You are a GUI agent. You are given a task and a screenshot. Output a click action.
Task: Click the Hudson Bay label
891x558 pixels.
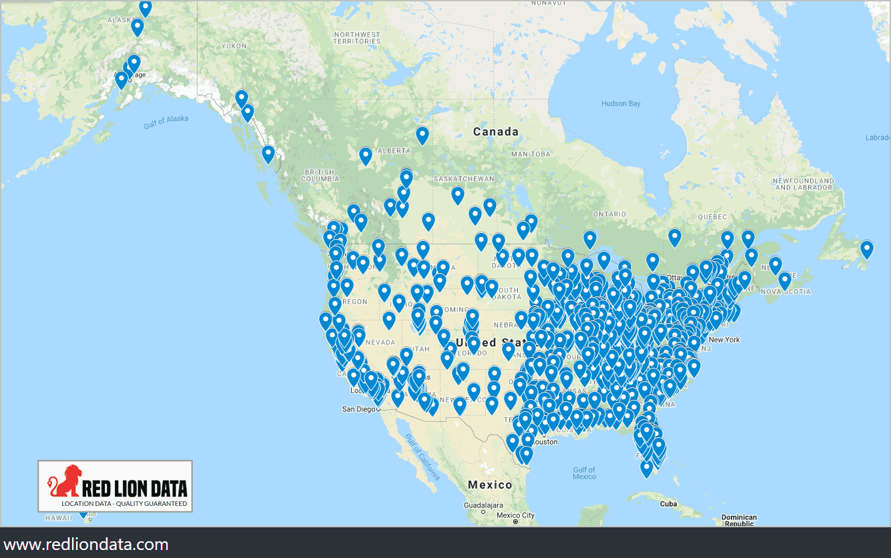[620, 103]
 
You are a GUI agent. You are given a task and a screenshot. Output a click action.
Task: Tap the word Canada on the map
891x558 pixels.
[495, 131]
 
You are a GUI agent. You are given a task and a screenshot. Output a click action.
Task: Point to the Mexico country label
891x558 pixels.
[490, 485]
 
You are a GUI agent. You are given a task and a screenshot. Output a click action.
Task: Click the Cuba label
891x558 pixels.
[668, 504]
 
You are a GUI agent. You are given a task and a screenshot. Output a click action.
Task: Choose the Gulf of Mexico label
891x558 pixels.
[584, 473]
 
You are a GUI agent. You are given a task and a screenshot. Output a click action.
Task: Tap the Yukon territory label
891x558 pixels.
[234, 46]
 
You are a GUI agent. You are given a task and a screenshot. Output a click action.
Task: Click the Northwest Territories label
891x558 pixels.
[357, 38]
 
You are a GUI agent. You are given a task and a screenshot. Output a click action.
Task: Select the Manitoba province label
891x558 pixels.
[531, 154]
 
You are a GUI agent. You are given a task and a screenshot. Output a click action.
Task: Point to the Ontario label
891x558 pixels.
[609, 214]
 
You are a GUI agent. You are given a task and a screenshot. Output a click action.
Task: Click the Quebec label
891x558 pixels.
[711, 217]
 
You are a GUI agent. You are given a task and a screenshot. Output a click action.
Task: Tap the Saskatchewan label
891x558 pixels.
[463, 179]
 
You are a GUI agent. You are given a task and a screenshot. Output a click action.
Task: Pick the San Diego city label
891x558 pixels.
[358, 408]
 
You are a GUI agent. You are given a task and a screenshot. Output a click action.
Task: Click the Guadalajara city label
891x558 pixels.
[483, 506]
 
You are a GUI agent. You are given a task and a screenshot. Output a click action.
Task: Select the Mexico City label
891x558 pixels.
[515, 515]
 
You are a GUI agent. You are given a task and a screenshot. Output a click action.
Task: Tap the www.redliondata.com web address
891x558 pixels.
[85, 544]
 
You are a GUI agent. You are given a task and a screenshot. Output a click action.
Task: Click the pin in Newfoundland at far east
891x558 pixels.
[866, 249]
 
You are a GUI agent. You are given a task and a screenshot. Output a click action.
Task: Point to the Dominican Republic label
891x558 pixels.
[739, 521]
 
